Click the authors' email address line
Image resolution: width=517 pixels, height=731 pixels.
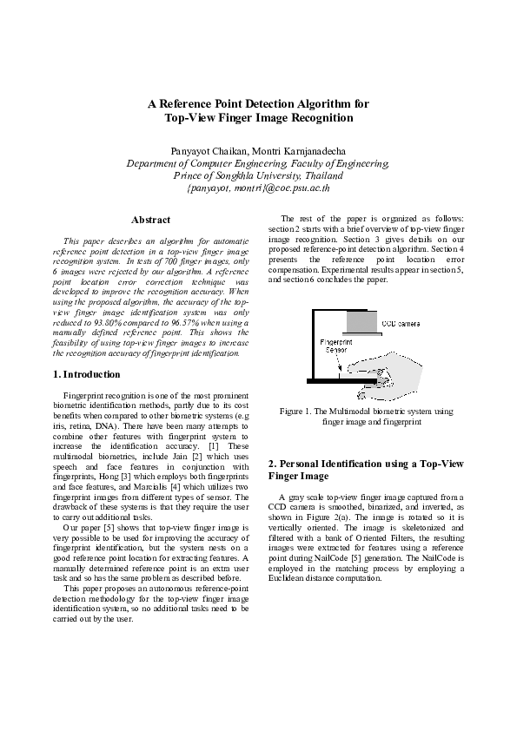click(x=258, y=187)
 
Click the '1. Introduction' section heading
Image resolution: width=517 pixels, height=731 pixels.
click(x=86, y=374)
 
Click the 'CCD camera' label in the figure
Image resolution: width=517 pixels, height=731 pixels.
click(x=401, y=323)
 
